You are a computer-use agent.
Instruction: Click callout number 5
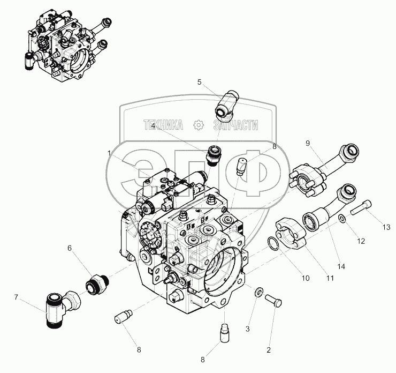[x=199, y=82]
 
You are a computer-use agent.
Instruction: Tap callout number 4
[x=153, y=125]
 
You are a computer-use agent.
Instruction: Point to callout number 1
[x=109, y=153]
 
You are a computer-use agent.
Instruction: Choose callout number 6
[x=69, y=248]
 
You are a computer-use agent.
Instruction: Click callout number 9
[x=308, y=143]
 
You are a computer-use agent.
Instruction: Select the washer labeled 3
[x=259, y=292]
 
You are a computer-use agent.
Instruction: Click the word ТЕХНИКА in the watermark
[x=163, y=125]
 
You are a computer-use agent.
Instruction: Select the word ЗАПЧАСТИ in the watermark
[x=235, y=125]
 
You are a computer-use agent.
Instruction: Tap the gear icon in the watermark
[x=199, y=125]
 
